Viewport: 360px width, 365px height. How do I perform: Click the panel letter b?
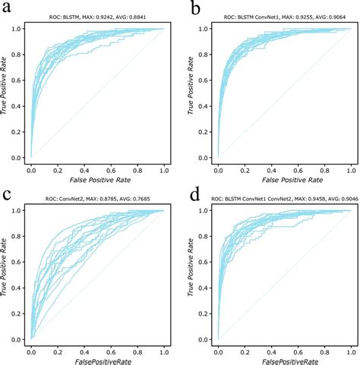pos(196,10)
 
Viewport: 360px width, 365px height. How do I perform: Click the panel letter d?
pos(197,196)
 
